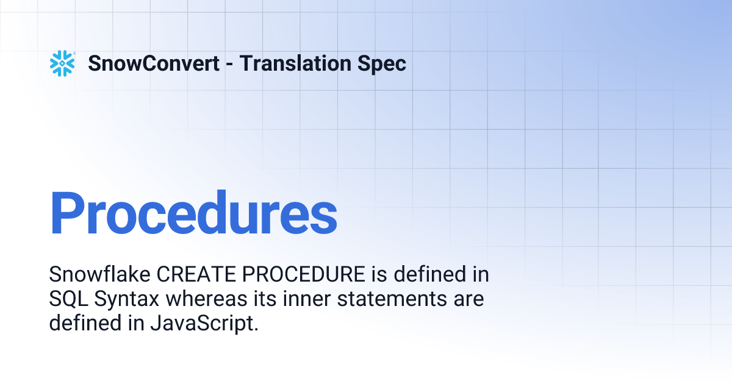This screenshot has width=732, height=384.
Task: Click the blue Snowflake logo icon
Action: (x=62, y=63)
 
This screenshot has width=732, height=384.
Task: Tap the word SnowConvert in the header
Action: (x=154, y=63)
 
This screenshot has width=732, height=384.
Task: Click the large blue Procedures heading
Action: (x=193, y=213)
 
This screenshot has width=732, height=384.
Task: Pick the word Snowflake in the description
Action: (x=101, y=275)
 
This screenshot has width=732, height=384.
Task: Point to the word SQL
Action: (x=65, y=299)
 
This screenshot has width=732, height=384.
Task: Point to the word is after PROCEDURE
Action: (x=378, y=275)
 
